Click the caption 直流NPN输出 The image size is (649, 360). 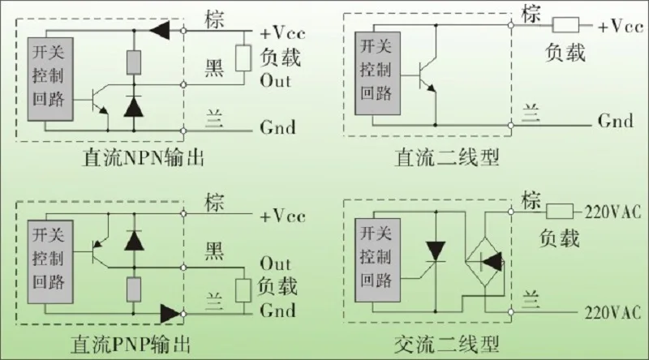[x=144, y=157]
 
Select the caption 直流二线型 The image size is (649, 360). [x=447, y=157]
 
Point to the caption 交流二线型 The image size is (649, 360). [x=447, y=345]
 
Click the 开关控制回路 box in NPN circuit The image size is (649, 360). [x=50, y=79]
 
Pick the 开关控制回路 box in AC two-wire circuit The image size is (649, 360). [x=377, y=260]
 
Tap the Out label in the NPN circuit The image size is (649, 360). [x=275, y=81]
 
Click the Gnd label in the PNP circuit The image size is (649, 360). [x=277, y=311]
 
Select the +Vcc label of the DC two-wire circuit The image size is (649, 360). [x=621, y=27]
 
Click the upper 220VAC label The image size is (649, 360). [x=612, y=212]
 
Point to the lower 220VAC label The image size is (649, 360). [x=612, y=313]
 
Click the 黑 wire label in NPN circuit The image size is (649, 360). [x=214, y=67]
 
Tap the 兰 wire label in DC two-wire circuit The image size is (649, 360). [x=531, y=112]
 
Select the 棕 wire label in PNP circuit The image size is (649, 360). [x=214, y=203]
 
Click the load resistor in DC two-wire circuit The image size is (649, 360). [x=565, y=25]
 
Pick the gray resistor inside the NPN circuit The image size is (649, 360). [x=134, y=62]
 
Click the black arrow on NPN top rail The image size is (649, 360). [x=160, y=30]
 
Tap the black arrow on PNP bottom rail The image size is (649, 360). [x=170, y=314]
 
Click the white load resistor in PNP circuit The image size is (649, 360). [x=243, y=290]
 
